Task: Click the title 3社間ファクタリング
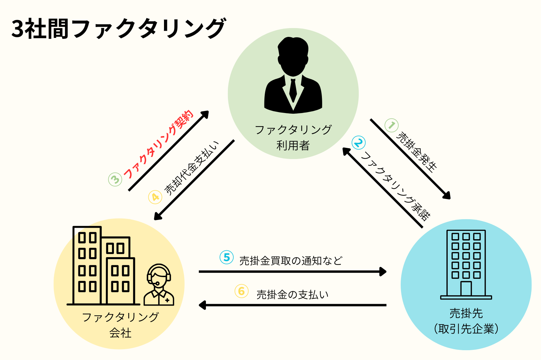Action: tap(118, 28)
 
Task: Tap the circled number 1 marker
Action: tap(392, 125)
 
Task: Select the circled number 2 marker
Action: tap(358, 143)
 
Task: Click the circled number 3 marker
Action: tap(115, 179)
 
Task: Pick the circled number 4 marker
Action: tap(155, 197)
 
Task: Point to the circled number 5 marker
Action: tap(227, 257)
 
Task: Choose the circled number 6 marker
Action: tap(241, 291)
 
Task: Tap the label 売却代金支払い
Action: tap(191, 168)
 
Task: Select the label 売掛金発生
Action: tap(417, 152)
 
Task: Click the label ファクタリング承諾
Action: tap(396, 186)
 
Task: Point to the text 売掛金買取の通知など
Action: tap(291, 261)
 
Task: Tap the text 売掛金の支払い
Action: tap(292, 295)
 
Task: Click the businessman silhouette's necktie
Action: tap(293, 90)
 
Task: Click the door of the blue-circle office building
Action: tap(466, 289)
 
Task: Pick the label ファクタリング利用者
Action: tap(293, 137)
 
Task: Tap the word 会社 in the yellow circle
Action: tap(120, 333)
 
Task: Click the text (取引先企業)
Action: tap(466, 329)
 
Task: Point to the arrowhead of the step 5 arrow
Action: tap(383, 271)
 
